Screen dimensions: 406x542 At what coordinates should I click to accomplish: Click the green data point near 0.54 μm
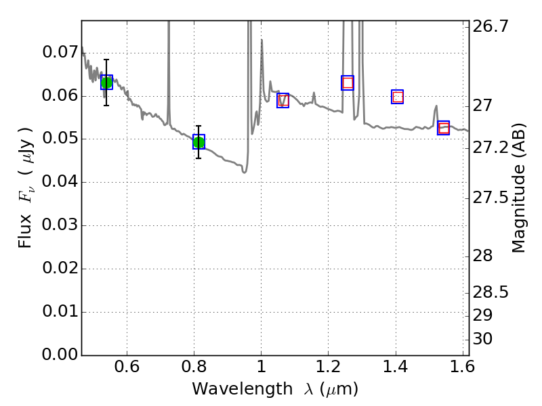[x=106, y=83]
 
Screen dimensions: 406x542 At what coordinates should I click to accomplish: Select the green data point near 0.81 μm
[x=199, y=142]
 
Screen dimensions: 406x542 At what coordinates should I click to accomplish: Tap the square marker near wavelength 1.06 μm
[x=283, y=100]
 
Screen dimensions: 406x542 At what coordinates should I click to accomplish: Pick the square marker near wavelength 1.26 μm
[x=348, y=83]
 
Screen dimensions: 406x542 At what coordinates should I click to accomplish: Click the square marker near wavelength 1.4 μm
[x=398, y=97]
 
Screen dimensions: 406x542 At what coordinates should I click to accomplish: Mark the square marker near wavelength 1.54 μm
[x=444, y=128]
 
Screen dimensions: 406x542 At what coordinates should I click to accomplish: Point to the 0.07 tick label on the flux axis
[x=60, y=52]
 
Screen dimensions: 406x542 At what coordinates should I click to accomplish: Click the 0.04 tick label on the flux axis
[x=60, y=182]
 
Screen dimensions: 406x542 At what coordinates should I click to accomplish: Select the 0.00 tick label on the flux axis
[x=60, y=355]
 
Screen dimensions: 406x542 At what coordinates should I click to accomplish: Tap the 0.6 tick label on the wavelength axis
[x=127, y=369]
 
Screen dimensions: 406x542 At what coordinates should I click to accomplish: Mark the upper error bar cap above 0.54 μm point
[x=106, y=60]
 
